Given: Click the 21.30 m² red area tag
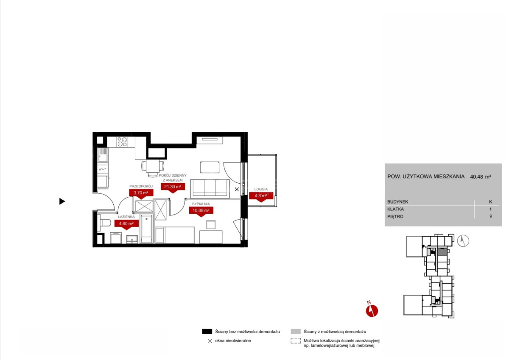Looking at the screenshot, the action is point(173,187).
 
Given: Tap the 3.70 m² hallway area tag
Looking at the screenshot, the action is point(141,193).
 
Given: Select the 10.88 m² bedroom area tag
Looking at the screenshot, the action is point(201,211).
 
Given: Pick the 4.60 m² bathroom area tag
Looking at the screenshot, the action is point(126,224).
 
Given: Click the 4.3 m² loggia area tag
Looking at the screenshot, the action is point(261,196).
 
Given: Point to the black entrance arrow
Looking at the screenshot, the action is point(62,201).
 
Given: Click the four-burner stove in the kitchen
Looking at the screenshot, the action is point(122,142).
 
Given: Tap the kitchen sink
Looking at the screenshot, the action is point(103,155).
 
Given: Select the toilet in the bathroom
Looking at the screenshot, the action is point(104,223).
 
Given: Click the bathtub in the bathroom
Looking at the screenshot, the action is point(147,229).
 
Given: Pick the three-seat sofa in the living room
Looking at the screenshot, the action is point(210,189).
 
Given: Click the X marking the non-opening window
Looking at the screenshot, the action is point(237,189).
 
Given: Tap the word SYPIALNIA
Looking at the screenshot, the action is point(201,204).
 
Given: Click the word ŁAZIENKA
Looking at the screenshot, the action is point(126,217).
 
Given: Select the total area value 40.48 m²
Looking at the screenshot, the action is point(481,177).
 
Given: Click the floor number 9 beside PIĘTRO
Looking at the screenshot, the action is point(491,216).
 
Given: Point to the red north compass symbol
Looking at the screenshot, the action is point(372,310).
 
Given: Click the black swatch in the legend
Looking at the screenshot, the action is point(207,332).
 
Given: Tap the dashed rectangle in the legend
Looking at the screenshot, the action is point(296,340).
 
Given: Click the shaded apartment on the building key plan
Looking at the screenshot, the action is point(442,252).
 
